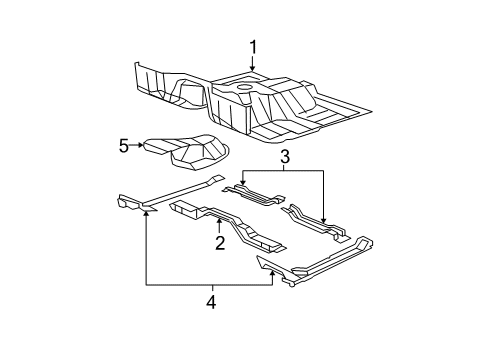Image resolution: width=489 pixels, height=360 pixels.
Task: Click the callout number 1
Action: [x=253, y=46]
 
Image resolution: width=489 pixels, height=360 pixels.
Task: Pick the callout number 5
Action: [x=124, y=146]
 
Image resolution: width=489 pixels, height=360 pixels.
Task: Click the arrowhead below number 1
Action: [x=253, y=71]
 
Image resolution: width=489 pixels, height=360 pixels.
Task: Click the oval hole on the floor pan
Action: [x=245, y=89]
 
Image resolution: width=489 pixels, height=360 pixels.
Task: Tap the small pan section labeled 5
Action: [x=185, y=150]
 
